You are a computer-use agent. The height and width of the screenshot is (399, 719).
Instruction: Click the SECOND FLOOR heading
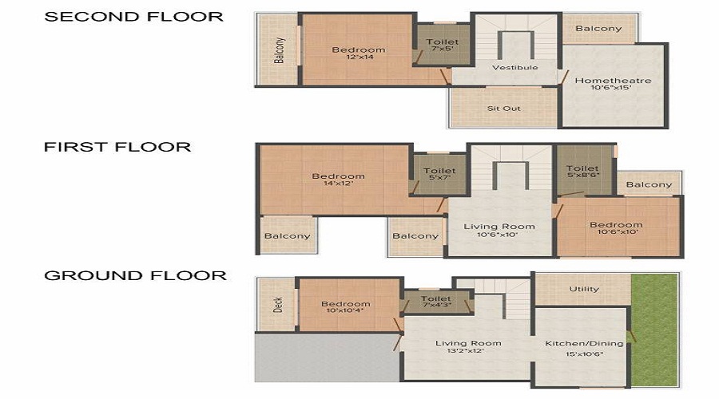(x=133, y=16)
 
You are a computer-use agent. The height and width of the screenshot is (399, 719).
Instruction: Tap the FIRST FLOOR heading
(x=117, y=147)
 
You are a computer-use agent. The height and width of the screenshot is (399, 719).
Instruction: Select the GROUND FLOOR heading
(x=135, y=276)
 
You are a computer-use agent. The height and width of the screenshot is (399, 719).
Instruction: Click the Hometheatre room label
(x=613, y=81)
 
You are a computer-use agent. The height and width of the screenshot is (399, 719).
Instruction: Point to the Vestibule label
(x=514, y=68)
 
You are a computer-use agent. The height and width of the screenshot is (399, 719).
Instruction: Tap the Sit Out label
(x=503, y=108)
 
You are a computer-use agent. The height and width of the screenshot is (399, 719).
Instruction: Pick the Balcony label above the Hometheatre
(x=598, y=29)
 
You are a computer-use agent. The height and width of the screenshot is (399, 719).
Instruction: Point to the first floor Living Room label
(x=499, y=227)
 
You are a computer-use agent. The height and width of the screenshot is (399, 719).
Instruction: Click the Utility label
(x=584, y=289)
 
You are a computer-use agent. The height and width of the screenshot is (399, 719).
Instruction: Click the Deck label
(x=278, y=305)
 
